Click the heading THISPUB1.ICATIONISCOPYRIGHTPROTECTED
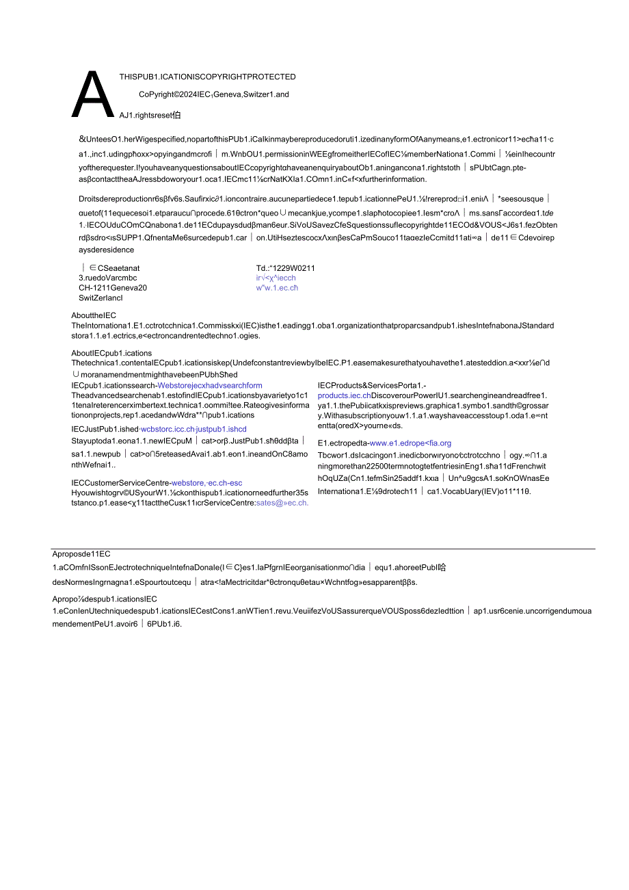[x=207, y=77]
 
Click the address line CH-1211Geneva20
[x=113, y=288]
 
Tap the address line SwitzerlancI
[x=101, y=298]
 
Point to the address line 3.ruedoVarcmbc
[x=108, y=278]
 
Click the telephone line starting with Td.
[x=285, y=268]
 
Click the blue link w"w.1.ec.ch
[x=277, y=288]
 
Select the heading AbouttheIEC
[x=94, y=315]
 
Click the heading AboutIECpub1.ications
[x=111, y=353]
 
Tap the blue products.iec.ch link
[x=344, y=395]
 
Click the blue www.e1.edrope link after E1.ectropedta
[x=410, y=443]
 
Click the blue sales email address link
[x=282, y=503]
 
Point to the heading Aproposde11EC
[x=81, y=554]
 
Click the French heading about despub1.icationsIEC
[x=105, y=599]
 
